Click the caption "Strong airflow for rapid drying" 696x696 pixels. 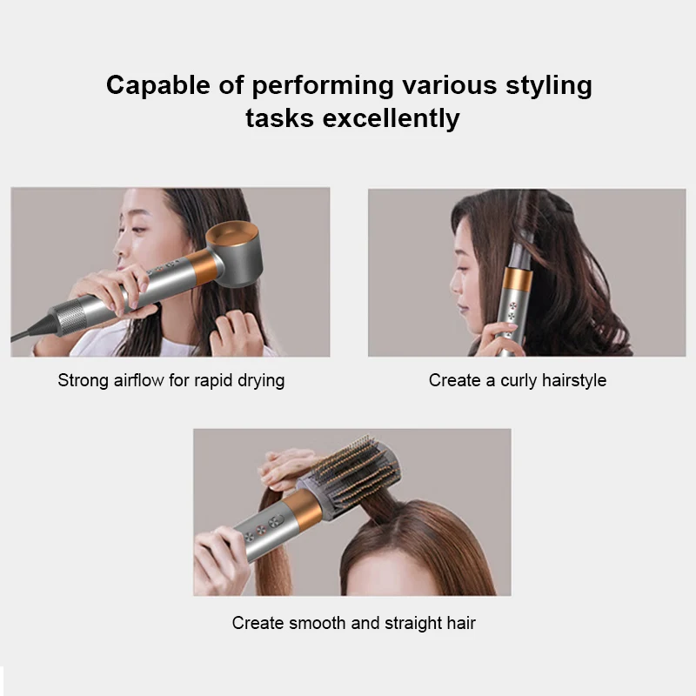171,380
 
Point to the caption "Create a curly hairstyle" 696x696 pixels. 518,380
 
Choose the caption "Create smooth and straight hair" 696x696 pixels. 354,623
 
